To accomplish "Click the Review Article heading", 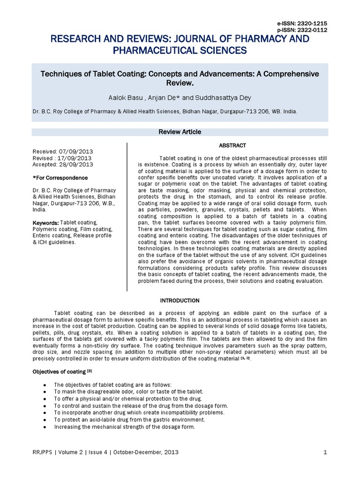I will pos(180,132).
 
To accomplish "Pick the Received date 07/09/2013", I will pos(76,152).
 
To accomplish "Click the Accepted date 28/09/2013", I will pos(76,165).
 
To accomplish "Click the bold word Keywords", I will pos(45,222).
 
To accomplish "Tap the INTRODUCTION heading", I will pos(180,300).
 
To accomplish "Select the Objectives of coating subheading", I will pos(58,372).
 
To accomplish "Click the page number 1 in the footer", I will pos(325,452).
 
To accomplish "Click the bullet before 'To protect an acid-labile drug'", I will pos(44,420).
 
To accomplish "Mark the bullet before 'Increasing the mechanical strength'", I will pos(44,427).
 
